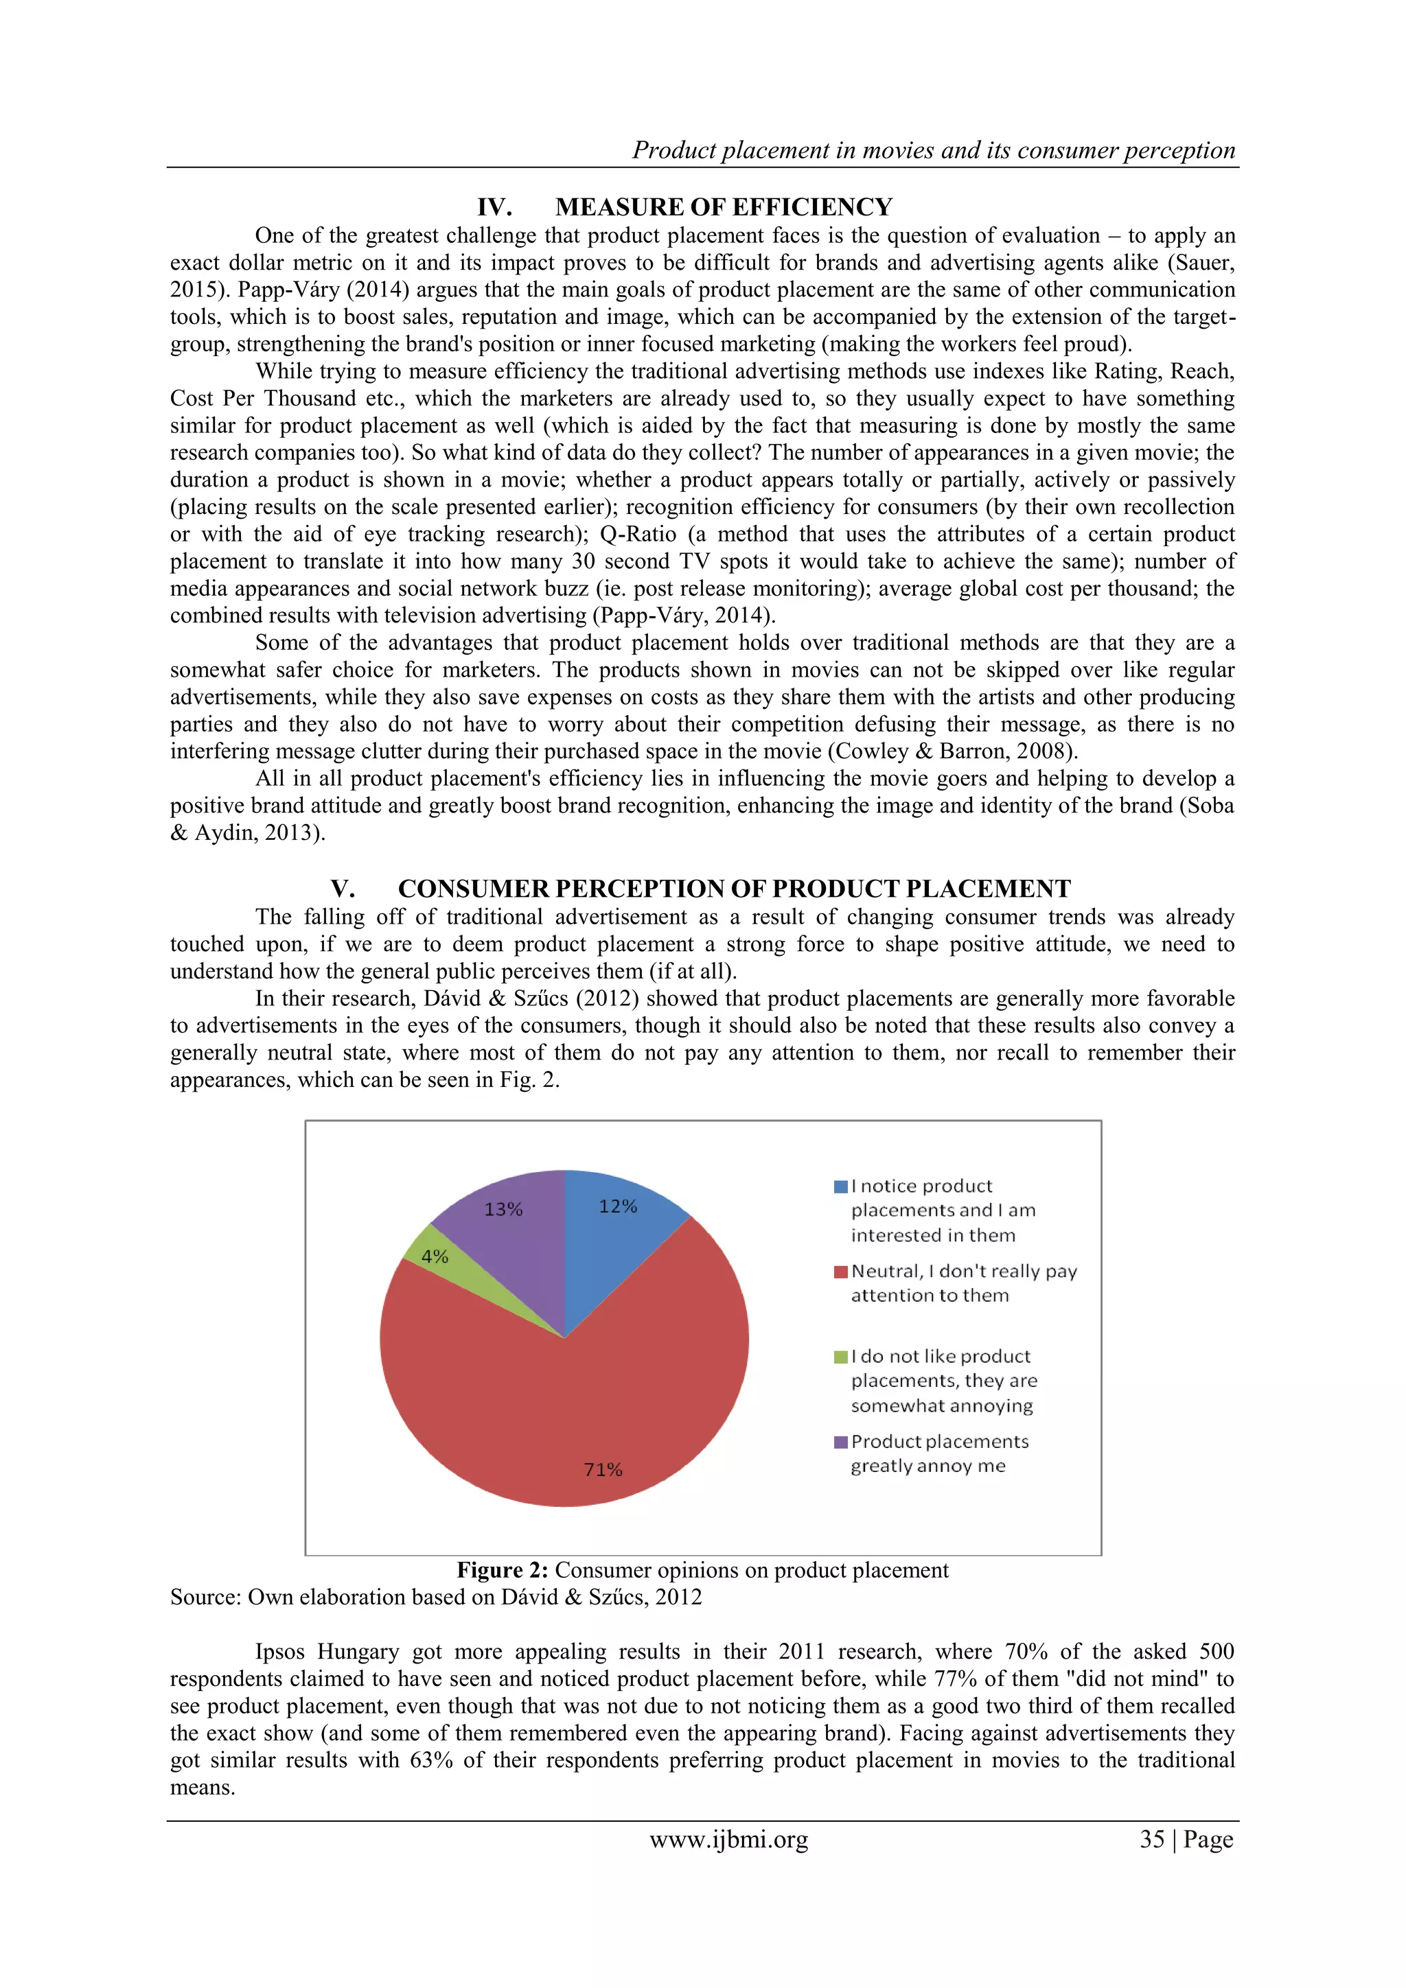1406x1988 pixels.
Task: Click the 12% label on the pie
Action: coord(618,1206)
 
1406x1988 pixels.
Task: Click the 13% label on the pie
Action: coord(503,1208)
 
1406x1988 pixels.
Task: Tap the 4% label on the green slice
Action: coord(434,1256)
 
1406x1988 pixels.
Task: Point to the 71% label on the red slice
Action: coord(603,1469)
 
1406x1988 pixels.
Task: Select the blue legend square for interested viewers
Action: coord(840,1186)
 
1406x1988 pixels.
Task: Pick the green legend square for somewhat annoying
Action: coord(840,1357)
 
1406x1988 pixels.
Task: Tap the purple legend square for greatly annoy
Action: coord(840,1442)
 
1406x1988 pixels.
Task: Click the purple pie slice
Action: coord(511,1238)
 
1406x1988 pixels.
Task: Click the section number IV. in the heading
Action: coord(495,207)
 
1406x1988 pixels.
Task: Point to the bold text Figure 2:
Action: coord(503,1570)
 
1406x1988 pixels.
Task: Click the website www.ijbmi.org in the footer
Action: coord(728,1839)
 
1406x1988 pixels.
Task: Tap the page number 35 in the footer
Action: coord(1151,1839)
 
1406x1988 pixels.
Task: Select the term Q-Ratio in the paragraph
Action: coord(638,535)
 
